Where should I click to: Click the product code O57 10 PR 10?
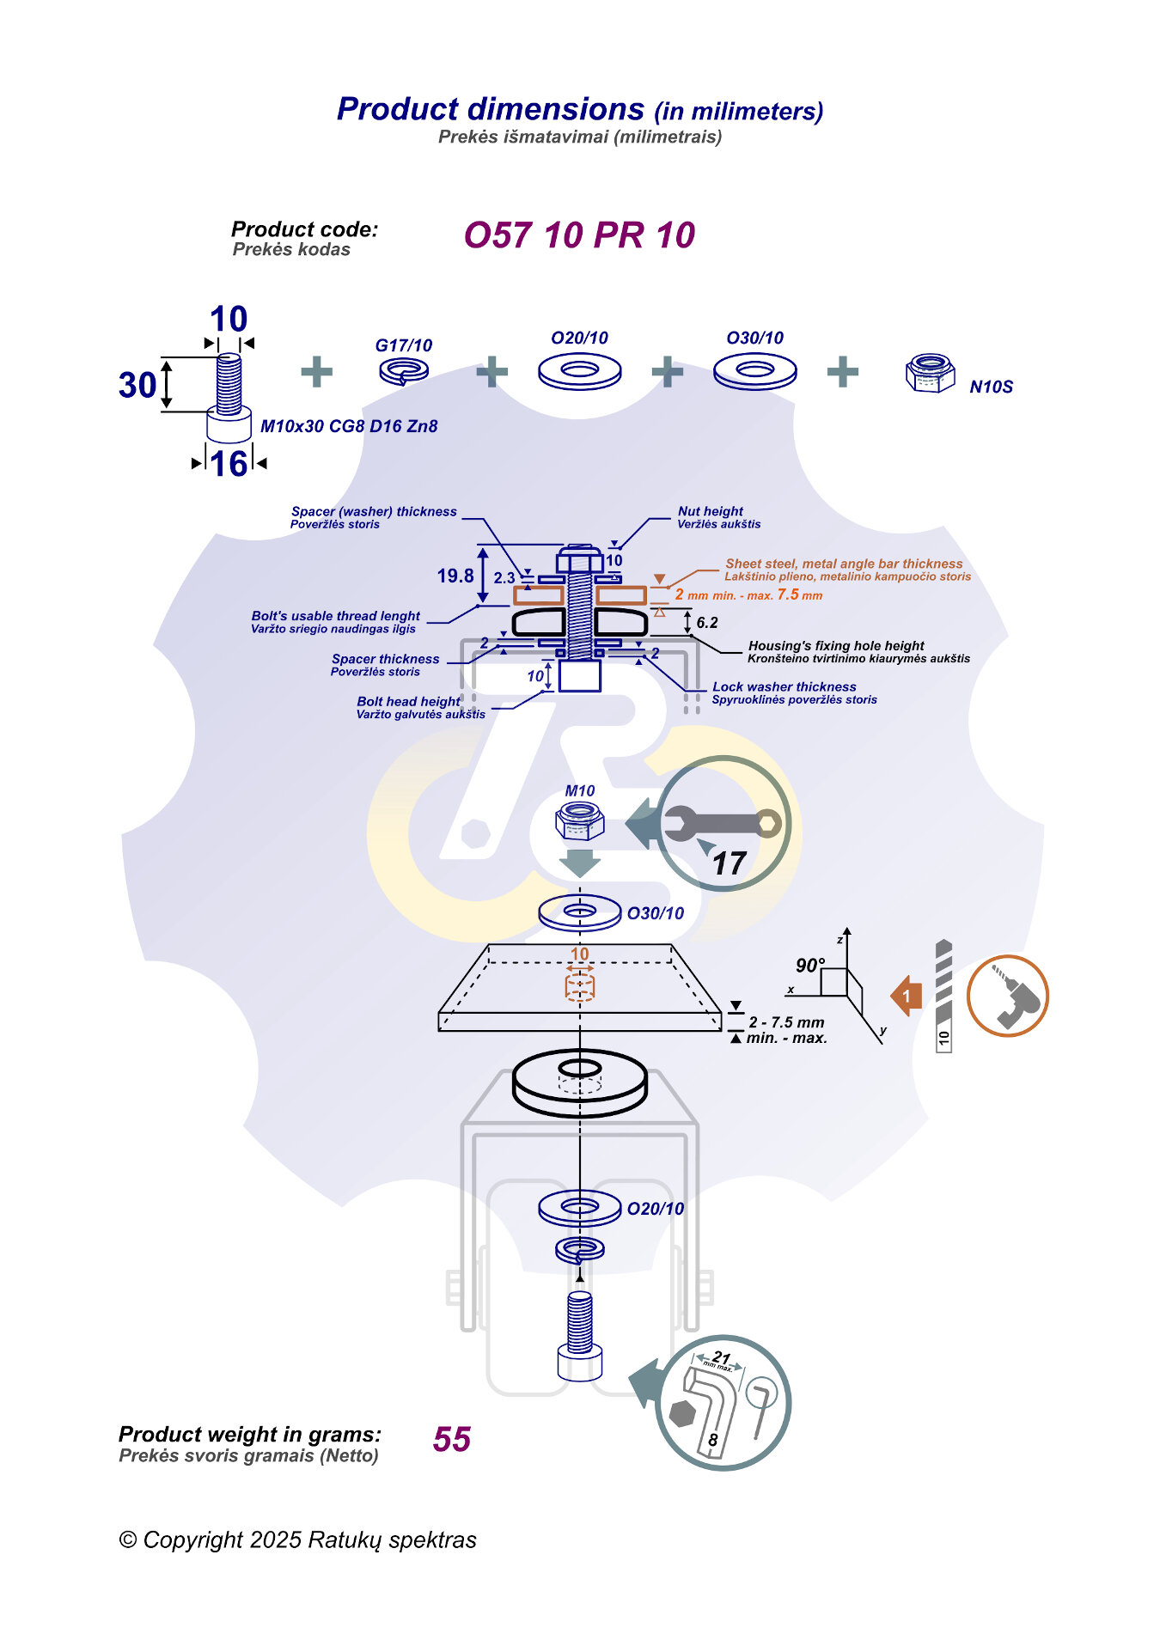tap(579, 235)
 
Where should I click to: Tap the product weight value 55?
tap(452, 1439)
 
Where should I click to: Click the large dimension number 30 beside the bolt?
tap(137, 385)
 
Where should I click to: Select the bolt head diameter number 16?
tap(229, 464)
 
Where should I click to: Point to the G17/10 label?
tap(403, 345)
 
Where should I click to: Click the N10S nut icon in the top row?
tap(930, 373)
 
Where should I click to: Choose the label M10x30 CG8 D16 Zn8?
tap(349, 426)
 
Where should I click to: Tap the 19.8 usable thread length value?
tap(455, 576)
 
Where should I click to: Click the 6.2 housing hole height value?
tap(707, 623)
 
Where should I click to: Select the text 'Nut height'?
tap(710, 511)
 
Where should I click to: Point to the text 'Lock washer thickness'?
tap(784, 686)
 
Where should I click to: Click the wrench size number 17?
tap(729, 863)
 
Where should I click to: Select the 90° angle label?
tap(809, 965)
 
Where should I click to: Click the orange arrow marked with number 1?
tap(907, 997)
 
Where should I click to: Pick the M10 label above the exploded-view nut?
tap(580, 790)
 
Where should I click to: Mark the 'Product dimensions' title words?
tap(491, 109)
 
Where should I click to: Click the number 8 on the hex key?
tap(712, 1440)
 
